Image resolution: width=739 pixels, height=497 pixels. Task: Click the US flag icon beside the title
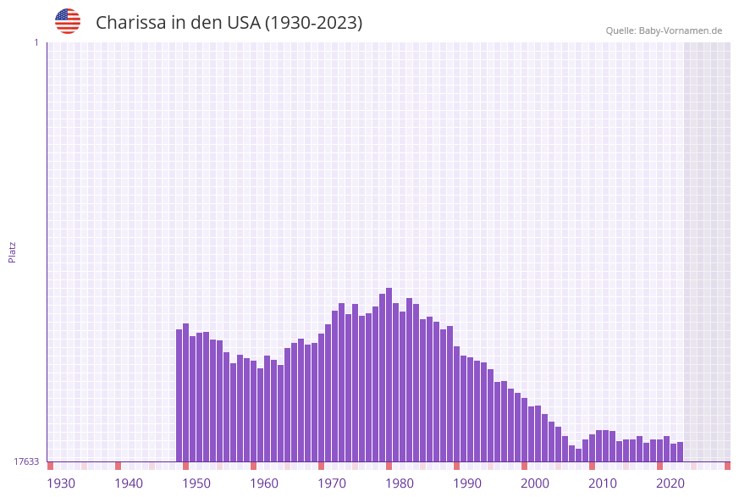(68, 21)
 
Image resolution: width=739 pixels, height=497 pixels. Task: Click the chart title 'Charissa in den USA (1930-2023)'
(229, 23)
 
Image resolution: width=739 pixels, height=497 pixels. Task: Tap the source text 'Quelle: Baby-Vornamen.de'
(664, 30)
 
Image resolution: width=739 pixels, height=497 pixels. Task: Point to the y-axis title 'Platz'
(12, 251)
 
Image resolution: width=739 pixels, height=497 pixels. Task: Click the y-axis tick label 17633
(25, 461)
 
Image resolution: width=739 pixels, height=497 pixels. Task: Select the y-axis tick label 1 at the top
(36, 42)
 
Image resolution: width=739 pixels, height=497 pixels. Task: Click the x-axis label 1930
(61, 483)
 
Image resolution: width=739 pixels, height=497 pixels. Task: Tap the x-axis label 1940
(129, 483)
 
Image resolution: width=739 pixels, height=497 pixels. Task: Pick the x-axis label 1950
(196, 483)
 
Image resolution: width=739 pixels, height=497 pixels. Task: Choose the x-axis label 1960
(264, 483)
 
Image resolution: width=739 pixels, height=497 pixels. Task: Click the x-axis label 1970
(332, 483)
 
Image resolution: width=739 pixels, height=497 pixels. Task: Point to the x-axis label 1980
(400, 483)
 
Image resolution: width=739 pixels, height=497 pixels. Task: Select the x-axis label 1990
(467, 483)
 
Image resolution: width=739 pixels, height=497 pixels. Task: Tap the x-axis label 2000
(535, 483)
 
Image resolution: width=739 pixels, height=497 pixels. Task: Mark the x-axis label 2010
(603, 483)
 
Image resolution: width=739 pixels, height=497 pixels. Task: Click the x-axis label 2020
(670, 483)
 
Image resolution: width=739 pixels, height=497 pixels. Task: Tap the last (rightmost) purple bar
(680, 452)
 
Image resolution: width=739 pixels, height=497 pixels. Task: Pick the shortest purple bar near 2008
(578, 456)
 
